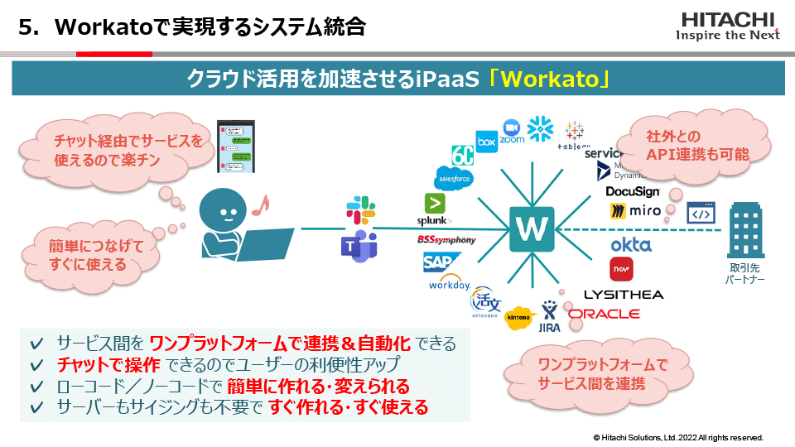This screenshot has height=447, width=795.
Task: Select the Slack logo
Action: point(362,209)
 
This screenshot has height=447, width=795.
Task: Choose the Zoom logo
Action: point(512,132)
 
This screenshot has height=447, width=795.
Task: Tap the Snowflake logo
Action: point(540,128)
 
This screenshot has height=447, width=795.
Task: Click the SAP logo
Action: point(436,263)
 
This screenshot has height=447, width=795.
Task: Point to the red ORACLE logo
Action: point(604,314)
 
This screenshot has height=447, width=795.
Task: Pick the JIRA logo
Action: point(550,318)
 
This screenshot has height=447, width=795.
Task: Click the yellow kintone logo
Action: point(520,317)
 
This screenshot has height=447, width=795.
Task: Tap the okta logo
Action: point(631,244)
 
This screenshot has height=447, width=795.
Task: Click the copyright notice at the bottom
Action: point(677,437)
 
